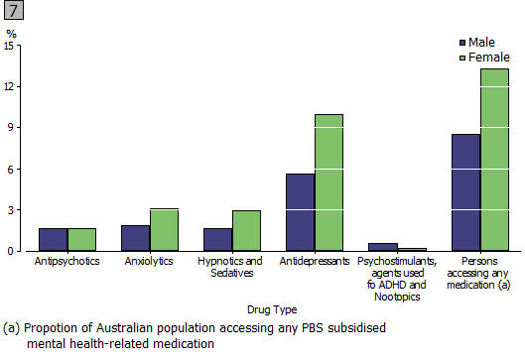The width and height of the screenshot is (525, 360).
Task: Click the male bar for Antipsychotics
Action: pyautogui.click(x=54, y=239)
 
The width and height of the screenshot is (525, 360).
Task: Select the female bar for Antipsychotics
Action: pyautogui.click(x=82, y=239)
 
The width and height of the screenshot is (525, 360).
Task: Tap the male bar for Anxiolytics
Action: pyautogui.click(x=136, y=238)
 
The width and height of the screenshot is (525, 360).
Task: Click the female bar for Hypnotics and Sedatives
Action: pyautogui.click(x=247, y=230)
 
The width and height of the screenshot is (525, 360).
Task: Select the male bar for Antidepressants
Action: pyautogui.click(x=300, y=212)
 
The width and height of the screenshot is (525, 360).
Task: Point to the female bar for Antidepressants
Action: pyautogui.click(x=328, y=182)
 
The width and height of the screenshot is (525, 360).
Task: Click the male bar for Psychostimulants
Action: pyautogui.click(x=382, y=247)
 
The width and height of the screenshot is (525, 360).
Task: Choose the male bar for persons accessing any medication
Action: pyautogui.click(x=465, y=192)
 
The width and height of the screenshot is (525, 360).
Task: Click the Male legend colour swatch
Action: pyautogui.click(x=461, y=43)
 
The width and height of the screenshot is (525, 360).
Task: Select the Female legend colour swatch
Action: pyautogui.click(x=461, y=58)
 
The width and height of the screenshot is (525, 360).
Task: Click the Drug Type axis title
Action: pyautogui.click(x=273, y=309)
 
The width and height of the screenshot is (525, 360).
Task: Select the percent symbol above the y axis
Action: pyautogui.click(x=12, y=34)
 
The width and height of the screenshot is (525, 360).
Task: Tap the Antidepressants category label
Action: pyautogui.click(x=315, y=261)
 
